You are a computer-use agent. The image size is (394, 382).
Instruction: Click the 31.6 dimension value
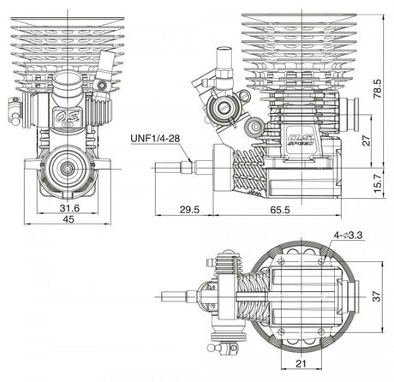click(x=71, y=207)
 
